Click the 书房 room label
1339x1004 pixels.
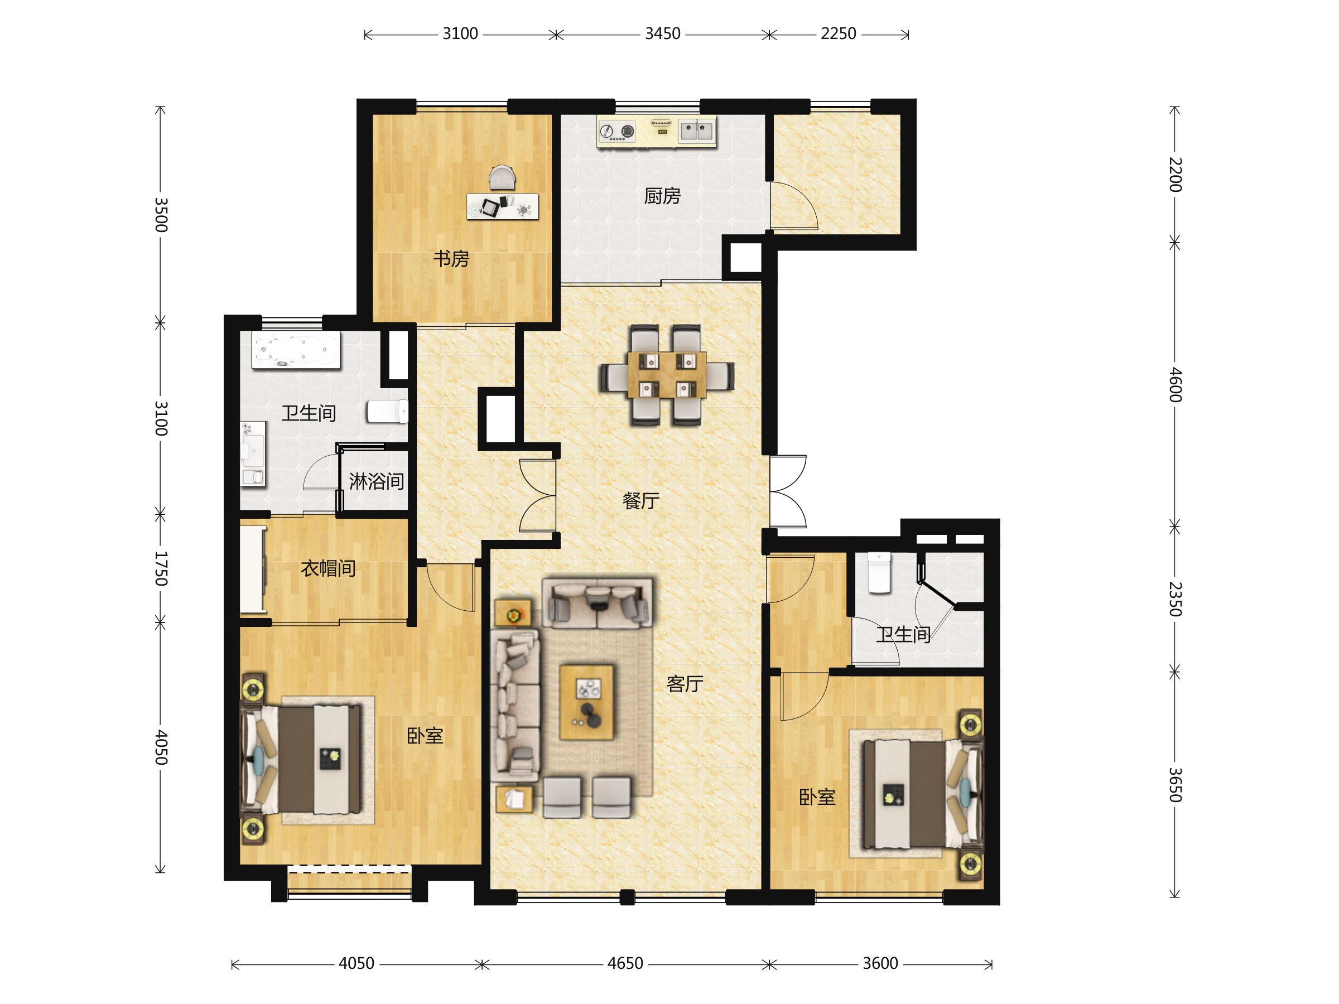point(451,259)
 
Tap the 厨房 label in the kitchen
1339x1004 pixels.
point(662,196)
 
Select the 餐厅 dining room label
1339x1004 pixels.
point(641,500)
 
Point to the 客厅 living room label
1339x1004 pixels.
point(685,684)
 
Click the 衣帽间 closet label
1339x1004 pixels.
point(328,568)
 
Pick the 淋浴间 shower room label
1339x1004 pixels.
point(377,482)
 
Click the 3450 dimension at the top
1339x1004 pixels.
point(663,34)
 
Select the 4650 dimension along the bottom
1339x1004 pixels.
point(625,963)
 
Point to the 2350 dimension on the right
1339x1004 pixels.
point(1175,599)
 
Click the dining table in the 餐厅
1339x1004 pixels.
point(667,375)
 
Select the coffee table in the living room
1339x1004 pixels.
point(586,703)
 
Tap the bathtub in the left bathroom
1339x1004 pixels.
point(296,350)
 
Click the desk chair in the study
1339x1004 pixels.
point(503,178)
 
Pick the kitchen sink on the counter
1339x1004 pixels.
point(697,131)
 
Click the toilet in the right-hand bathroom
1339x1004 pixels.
point(879,572)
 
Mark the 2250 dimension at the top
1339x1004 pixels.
point(839,34)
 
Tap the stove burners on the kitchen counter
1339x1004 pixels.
point(618,131)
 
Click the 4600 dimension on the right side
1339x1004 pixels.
point(1175,384)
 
